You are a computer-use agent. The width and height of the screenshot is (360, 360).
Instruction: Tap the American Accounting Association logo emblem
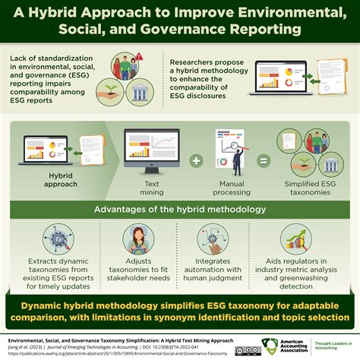click(269, 344)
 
